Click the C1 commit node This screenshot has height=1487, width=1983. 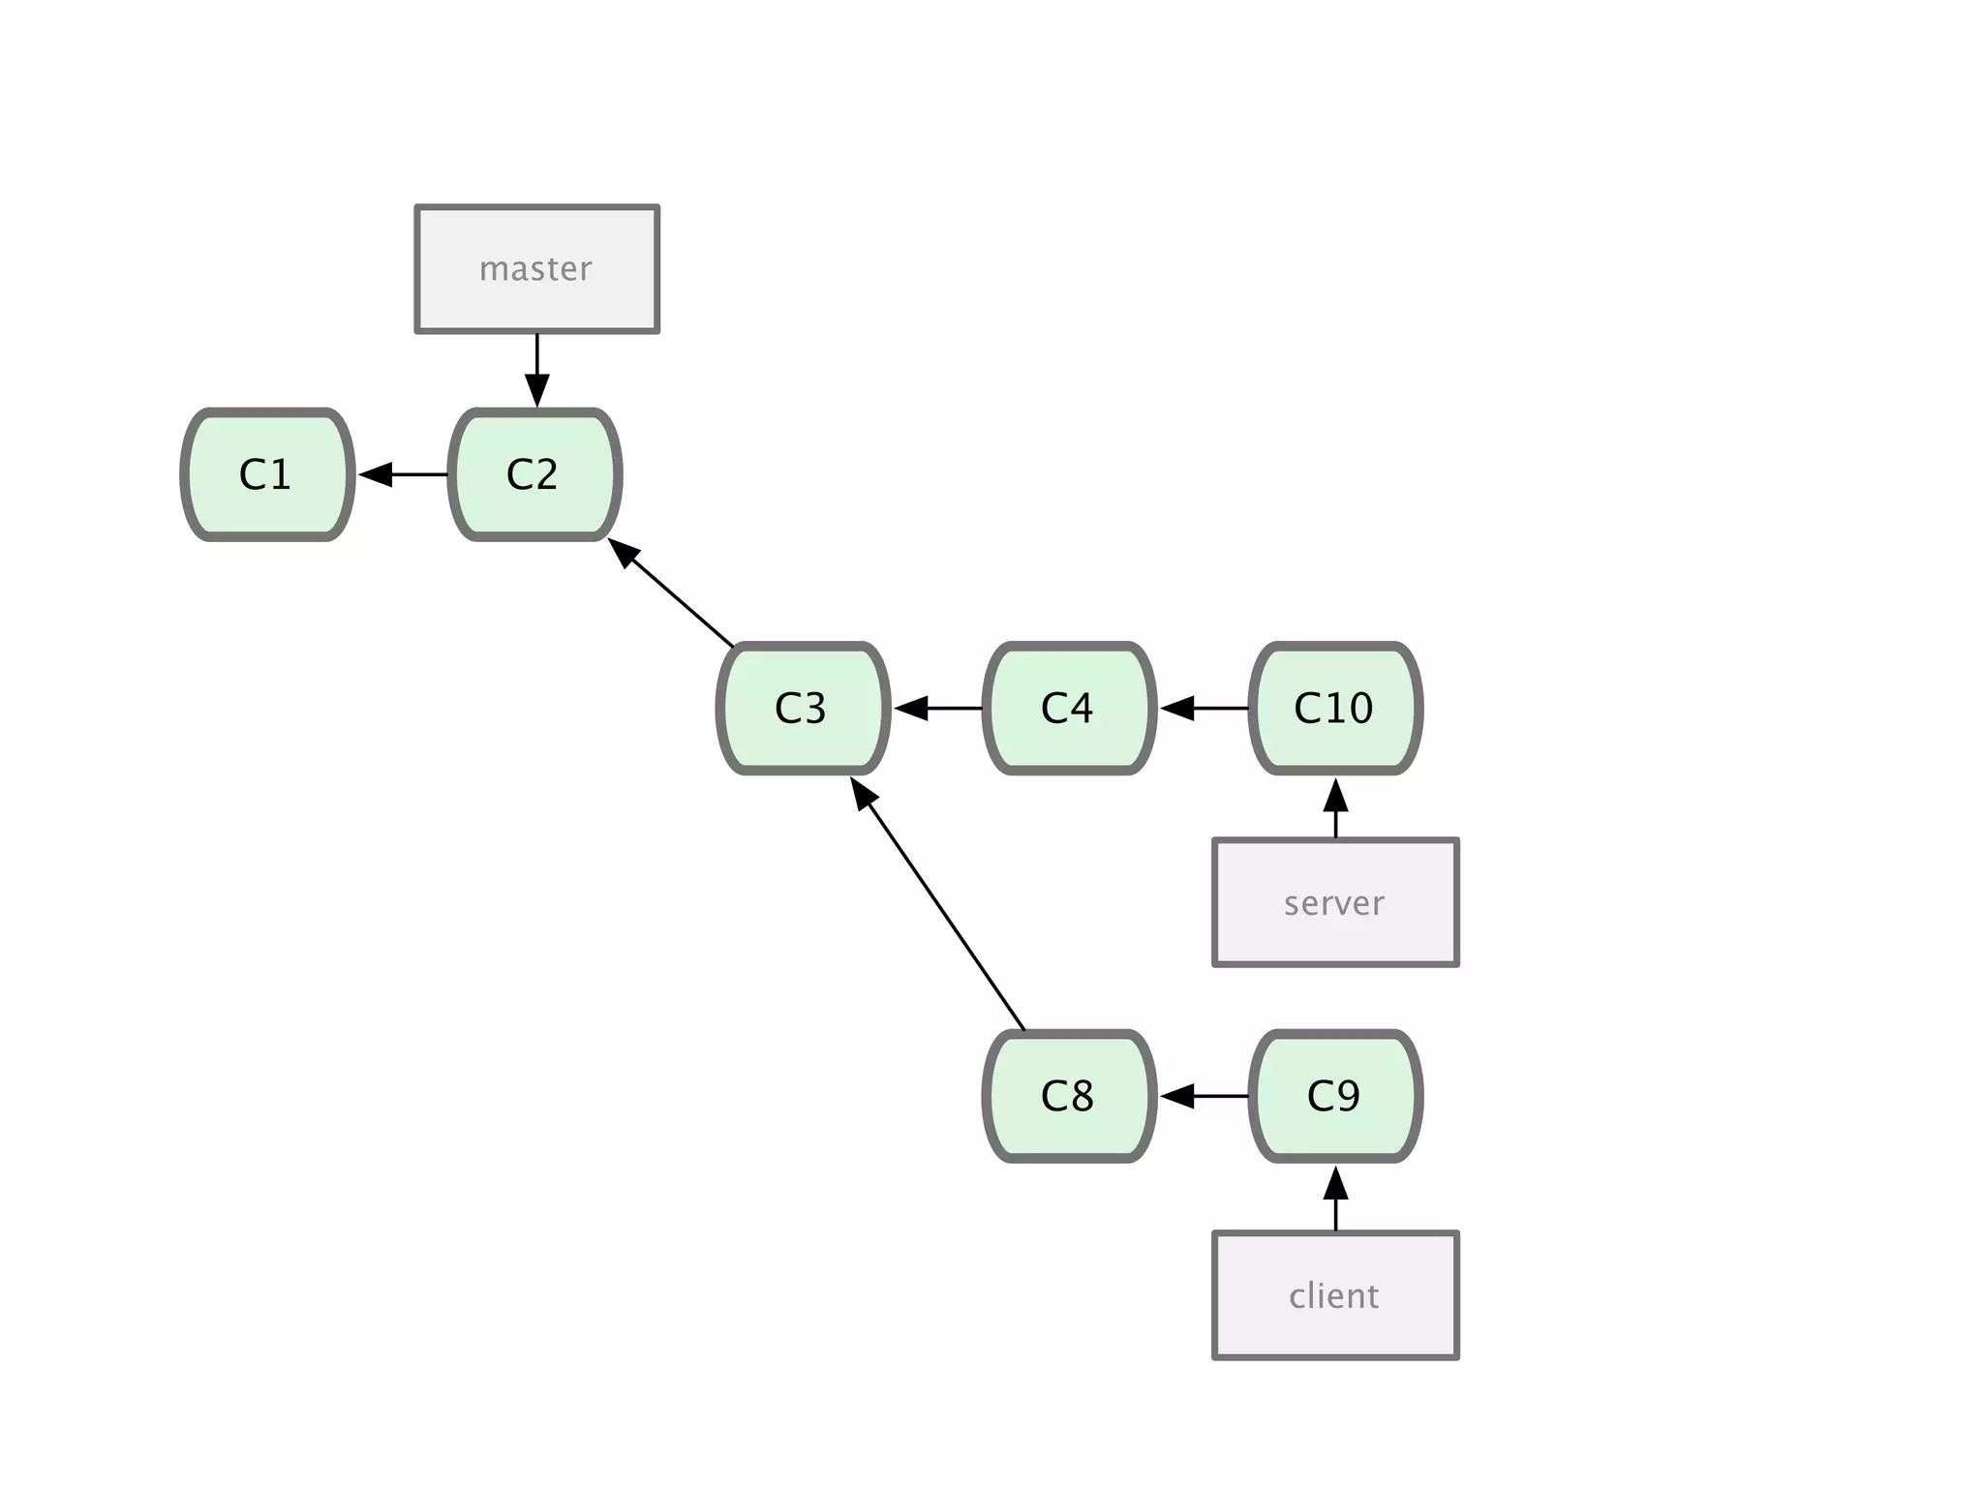(x=267, y=474)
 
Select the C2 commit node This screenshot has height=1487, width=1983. (x=534, y=474)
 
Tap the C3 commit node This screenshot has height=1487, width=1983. (x=803, y=708)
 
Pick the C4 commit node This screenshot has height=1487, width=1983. (x=1069, y=708)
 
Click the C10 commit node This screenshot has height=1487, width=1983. (x=1335, y=708)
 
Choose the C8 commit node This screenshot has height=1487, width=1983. (x=1069, y=1096)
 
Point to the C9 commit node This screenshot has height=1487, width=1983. (x=1335, y=1096)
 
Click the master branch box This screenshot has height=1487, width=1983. (x=537, y=269)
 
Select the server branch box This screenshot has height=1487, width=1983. (x=1335, y=902)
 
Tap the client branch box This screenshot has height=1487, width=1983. (x=1335, y=1295)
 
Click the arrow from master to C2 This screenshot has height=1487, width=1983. (x=537, y=370)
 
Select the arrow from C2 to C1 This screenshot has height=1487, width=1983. (x=403, y=474)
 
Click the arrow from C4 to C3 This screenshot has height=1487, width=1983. (x=937, y=708)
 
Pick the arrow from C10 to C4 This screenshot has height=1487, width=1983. (x=1204, y=708)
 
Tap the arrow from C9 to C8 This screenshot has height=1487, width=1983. (x=1204, y=1096)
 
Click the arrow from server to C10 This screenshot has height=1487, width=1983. (x=1335, y=807)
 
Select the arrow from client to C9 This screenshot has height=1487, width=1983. (x=1335, y=1199)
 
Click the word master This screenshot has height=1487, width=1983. (x=535, y=269)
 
